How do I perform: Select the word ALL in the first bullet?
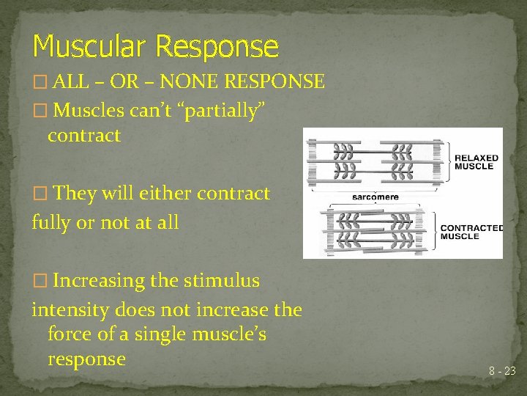pos(71,81)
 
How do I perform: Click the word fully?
pos(52,222)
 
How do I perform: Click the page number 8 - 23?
pos(502,372)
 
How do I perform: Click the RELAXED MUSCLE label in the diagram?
pos(476,162)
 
